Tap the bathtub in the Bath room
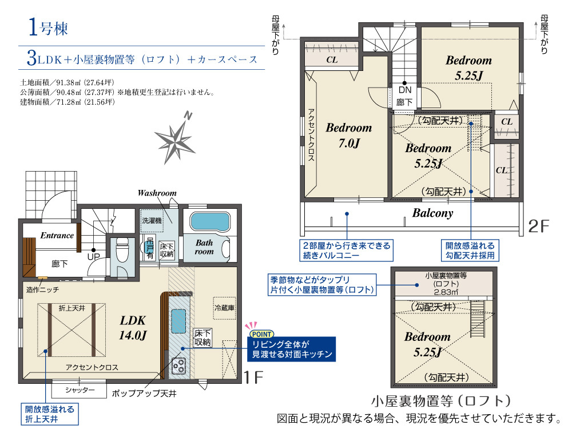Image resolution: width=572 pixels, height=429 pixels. coord(210,222)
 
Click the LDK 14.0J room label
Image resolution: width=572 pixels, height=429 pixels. coord(133,328)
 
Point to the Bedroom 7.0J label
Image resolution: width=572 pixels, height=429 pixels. coord(349,136)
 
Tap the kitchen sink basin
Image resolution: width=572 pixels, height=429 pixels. coord(178,321)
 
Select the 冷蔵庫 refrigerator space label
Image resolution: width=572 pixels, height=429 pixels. coord(224,308)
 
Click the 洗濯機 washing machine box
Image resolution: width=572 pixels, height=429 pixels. coord(152,221)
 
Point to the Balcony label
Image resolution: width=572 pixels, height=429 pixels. coord(432,213)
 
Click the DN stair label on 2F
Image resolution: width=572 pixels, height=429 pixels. coord(405,90)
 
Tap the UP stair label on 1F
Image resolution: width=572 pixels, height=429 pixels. coord(93,256)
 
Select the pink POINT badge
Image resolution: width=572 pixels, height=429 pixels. coord(261,334)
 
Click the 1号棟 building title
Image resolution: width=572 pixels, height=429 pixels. coord(48,27)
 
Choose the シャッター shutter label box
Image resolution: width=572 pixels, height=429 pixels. coord(79,390)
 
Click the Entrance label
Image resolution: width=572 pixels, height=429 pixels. coord(57,235)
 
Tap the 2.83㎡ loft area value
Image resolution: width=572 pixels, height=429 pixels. coord(446,292)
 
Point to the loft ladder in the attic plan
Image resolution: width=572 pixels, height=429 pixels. coord(477,319)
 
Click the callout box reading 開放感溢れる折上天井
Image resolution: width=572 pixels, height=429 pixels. coord(50,414)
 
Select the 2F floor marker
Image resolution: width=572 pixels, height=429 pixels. coord(538,226)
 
